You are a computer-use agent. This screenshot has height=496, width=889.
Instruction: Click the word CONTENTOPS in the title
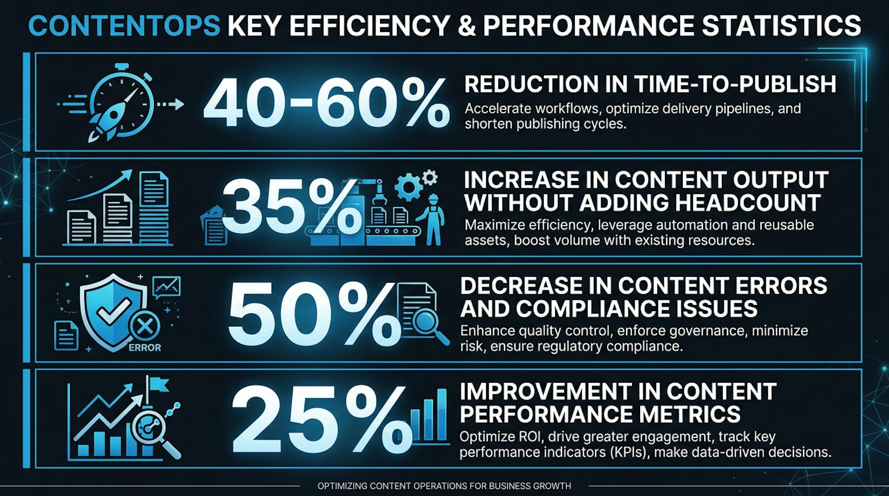(124, 26)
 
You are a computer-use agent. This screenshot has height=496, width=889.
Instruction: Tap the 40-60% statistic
(326, 103)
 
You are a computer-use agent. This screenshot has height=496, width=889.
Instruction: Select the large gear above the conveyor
(408, 187)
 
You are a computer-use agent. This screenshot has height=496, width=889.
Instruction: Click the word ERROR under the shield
(144, 348)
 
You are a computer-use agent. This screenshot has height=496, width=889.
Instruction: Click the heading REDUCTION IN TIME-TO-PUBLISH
(650, 84)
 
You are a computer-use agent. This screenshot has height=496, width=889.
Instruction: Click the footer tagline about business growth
(444, 486)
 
